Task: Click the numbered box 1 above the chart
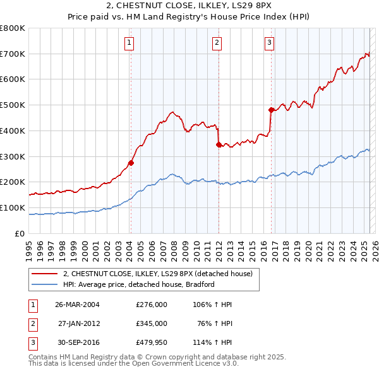point(129,43)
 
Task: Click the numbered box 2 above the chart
point(217,43)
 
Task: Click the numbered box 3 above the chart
point(269,43)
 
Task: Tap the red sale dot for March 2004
point(131,163)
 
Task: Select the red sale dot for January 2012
point(219,144)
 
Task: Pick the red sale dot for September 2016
point(271,110)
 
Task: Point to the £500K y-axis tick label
point(13,105)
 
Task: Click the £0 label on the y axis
point(20,233)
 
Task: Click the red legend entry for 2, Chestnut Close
point(157,274)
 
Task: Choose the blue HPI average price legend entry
point(138,284)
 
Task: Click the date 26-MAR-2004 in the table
point(78,304)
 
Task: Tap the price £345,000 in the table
point(152,323)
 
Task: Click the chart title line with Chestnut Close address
point(189,8)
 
